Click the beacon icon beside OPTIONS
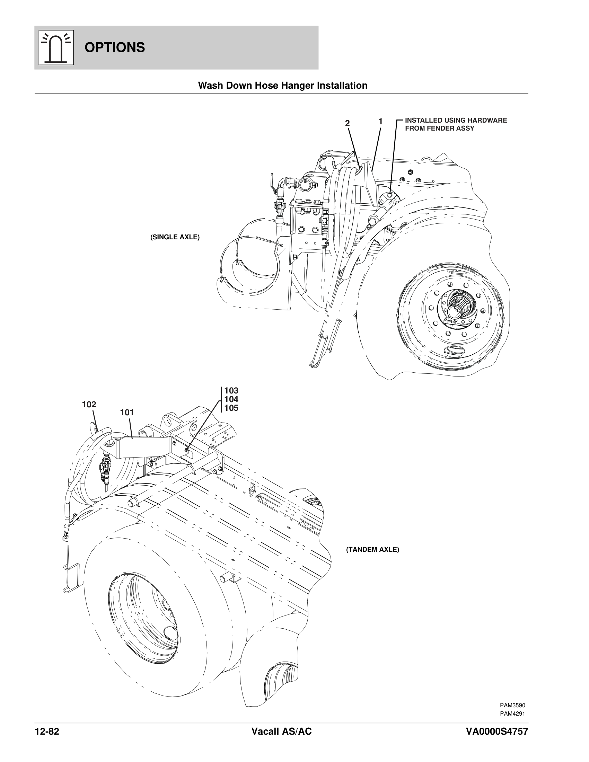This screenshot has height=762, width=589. pyautogui.click(x=56, y=47)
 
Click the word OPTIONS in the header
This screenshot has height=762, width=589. pyautogui.click(x=115, y=47)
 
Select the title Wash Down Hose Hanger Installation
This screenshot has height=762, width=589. pyautogui.click(x=283, y=86)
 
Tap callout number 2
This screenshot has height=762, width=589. pyautogui.click(x=347, y=123)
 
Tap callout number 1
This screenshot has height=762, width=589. pyautogui.click(x=381, y=122)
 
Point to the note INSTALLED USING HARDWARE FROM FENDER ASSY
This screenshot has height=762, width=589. pyautogui.click(x=456, y=124)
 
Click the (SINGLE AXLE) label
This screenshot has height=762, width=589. pyautogui.click(x=175, y=237)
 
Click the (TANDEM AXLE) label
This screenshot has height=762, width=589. pyautogui.click(x=372, y=550)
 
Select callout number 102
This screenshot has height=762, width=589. pyautogui.click(x=89, y=404)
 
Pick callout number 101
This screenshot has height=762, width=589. pyautogui.click(x=127, y=413)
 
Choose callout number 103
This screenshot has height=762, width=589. pyautogui.click(x=231, y=391)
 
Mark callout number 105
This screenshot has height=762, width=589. pyautogui.click(x=231, y=408)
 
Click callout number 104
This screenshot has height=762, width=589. pyautogui.click(x=231, y=399)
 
